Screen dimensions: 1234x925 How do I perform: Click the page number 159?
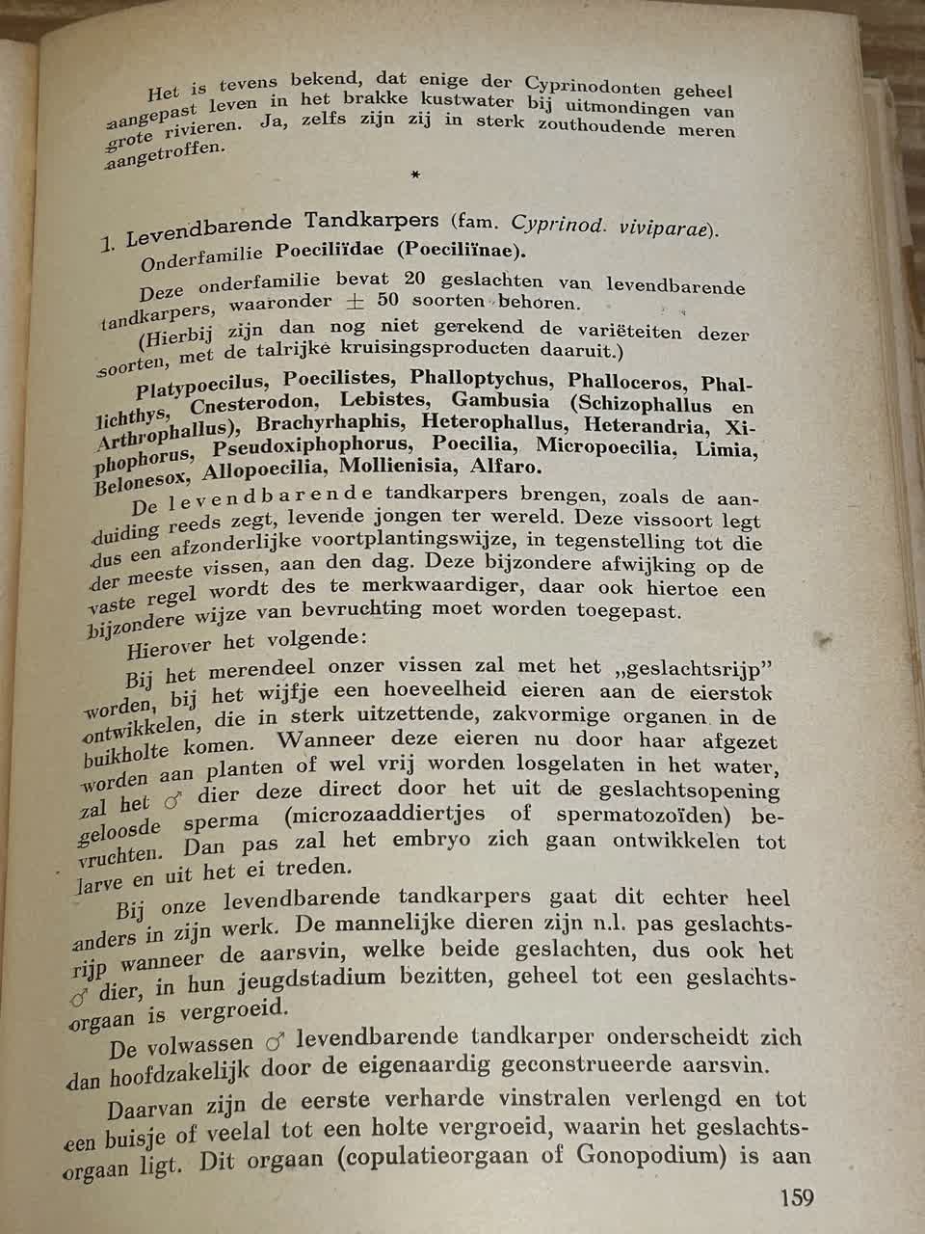click(x=796, y=1198)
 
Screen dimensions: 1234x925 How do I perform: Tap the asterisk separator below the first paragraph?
click(x=415, y=174)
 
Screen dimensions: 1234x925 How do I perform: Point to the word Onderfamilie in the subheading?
click(x=203, y=257)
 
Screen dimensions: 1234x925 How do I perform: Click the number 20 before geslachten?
click(x=414, y=280)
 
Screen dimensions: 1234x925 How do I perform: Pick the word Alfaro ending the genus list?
click(x=508, y=468)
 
